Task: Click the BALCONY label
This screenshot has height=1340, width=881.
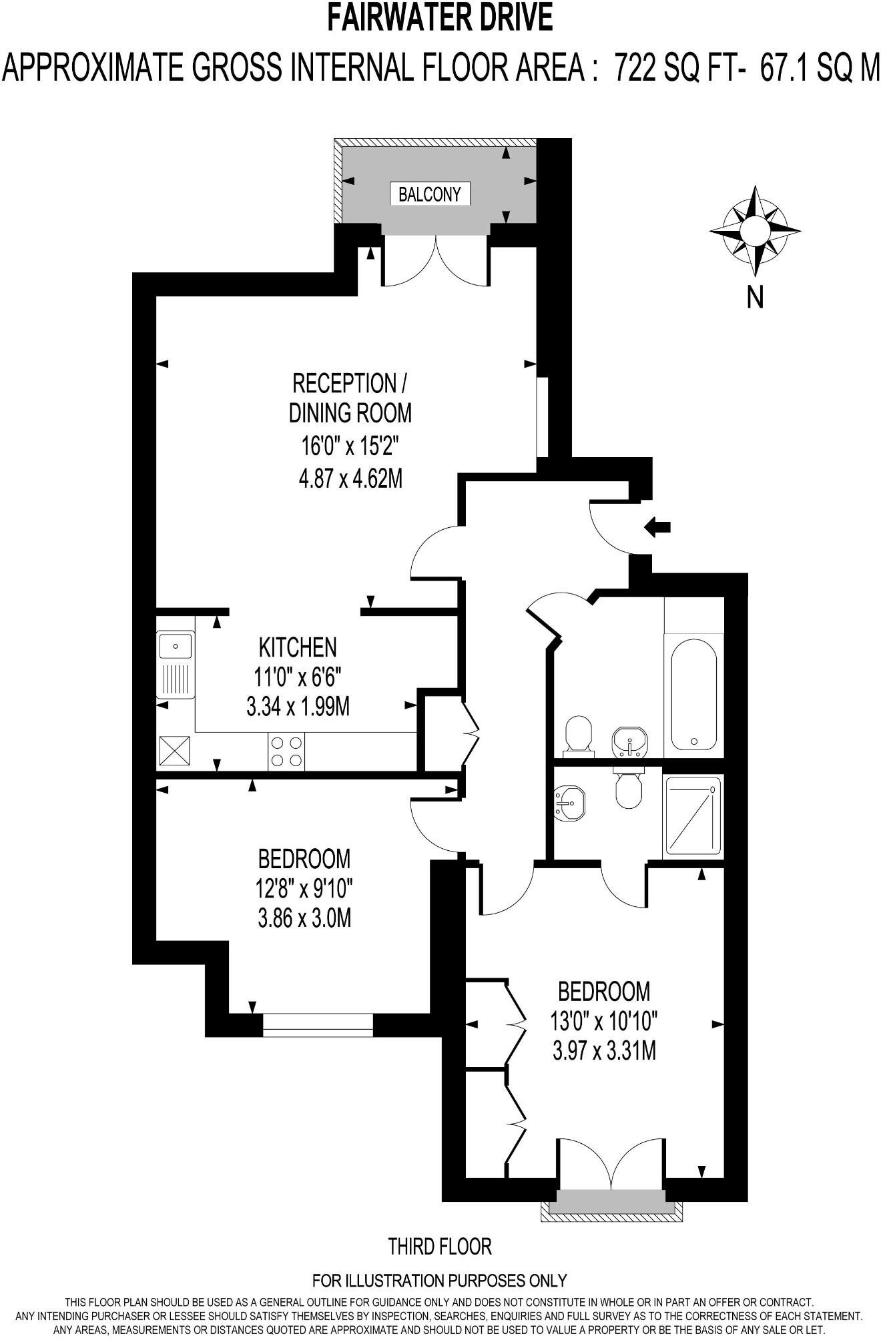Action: click(x=430, y=194)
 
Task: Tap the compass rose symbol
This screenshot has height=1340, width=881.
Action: click(x=755, y=230)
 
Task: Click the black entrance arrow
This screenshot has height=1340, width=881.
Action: click(x=657, y=527)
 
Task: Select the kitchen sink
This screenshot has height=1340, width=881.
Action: click(x=175, y=665)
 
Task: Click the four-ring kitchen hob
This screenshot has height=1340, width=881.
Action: click(x=286, y=751)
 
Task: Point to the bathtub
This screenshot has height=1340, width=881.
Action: click(x=694, y=694)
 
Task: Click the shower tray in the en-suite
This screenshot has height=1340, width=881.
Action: click(x=692, y=817)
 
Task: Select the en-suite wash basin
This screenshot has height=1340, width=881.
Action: click(x=569, y=801)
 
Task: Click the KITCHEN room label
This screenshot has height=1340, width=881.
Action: click(x=298, y=647)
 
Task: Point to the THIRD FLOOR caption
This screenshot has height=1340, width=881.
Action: click(x=440, y=1245)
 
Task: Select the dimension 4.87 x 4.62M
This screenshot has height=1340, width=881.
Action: click(x=350, y=478)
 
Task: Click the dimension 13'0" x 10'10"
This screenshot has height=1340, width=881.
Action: click(x=604, y=1021)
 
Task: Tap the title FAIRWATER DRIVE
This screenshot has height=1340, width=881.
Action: click(x=440, y=18)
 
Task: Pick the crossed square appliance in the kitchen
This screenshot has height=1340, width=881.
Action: click(x=175, y=751)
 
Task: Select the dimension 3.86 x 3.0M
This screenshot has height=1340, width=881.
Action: click(x=304, y=918)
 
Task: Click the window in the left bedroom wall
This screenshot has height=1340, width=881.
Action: click(x=318, y=1025)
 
